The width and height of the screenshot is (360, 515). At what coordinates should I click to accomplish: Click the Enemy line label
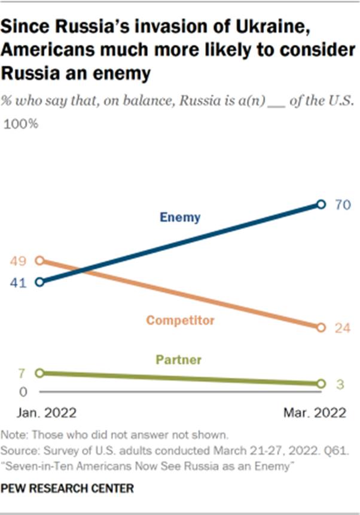180,217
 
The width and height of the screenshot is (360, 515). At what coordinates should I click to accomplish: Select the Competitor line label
180,321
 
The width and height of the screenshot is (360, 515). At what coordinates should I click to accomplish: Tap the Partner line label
178,360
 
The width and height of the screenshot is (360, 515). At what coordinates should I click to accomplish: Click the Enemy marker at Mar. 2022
321,204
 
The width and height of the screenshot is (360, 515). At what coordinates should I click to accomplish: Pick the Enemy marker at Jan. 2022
39,281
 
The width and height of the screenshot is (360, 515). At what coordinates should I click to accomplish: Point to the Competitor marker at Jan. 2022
39,260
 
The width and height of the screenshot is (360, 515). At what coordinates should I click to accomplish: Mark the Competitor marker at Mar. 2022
321,327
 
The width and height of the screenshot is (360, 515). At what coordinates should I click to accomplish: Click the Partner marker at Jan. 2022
39,373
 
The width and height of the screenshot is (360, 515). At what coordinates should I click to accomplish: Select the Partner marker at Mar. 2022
321,384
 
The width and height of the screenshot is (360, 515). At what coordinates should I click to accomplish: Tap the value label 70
342,205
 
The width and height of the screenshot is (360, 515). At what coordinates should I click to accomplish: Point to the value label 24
342,328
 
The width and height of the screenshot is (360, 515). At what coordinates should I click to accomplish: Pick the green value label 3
339,384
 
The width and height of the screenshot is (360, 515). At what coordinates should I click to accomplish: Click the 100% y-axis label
22,124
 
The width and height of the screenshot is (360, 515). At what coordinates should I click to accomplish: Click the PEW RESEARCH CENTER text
67,489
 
